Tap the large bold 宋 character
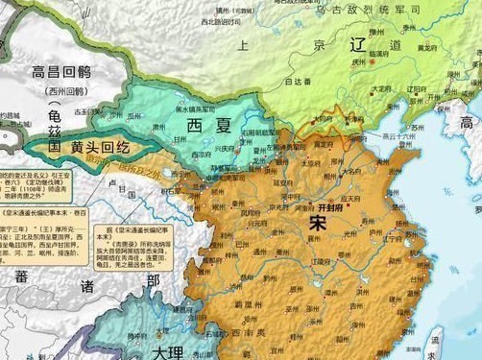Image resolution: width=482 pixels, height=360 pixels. [x=318, y=222]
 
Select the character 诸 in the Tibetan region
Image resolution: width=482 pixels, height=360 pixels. [x=87, y=286]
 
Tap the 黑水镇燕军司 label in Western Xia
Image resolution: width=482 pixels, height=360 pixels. [x=208, y=108]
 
